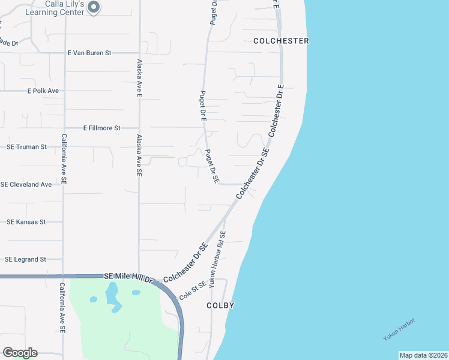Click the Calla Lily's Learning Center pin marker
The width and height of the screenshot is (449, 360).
click(94, 7)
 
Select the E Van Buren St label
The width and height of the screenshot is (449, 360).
click(89, 53)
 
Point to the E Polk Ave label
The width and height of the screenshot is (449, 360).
click(43, 91)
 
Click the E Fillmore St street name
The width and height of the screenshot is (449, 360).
click(102, 128)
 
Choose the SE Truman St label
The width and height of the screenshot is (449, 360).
click(26, 147)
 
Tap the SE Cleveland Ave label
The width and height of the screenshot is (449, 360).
click(26, 184)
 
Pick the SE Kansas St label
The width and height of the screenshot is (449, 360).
click(26, 222)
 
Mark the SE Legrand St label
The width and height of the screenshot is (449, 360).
click(26, 259)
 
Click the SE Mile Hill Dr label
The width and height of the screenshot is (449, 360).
click(129, 277)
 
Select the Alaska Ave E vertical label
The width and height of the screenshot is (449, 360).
click(139, 79)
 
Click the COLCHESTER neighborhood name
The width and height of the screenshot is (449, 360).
click(281, 41)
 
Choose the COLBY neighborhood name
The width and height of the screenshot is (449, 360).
click(220, 305)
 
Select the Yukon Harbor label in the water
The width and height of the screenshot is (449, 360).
click(399, 329)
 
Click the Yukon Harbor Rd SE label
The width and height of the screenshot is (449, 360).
click(217, 259)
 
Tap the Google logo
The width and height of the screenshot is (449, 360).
click(20, 353)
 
